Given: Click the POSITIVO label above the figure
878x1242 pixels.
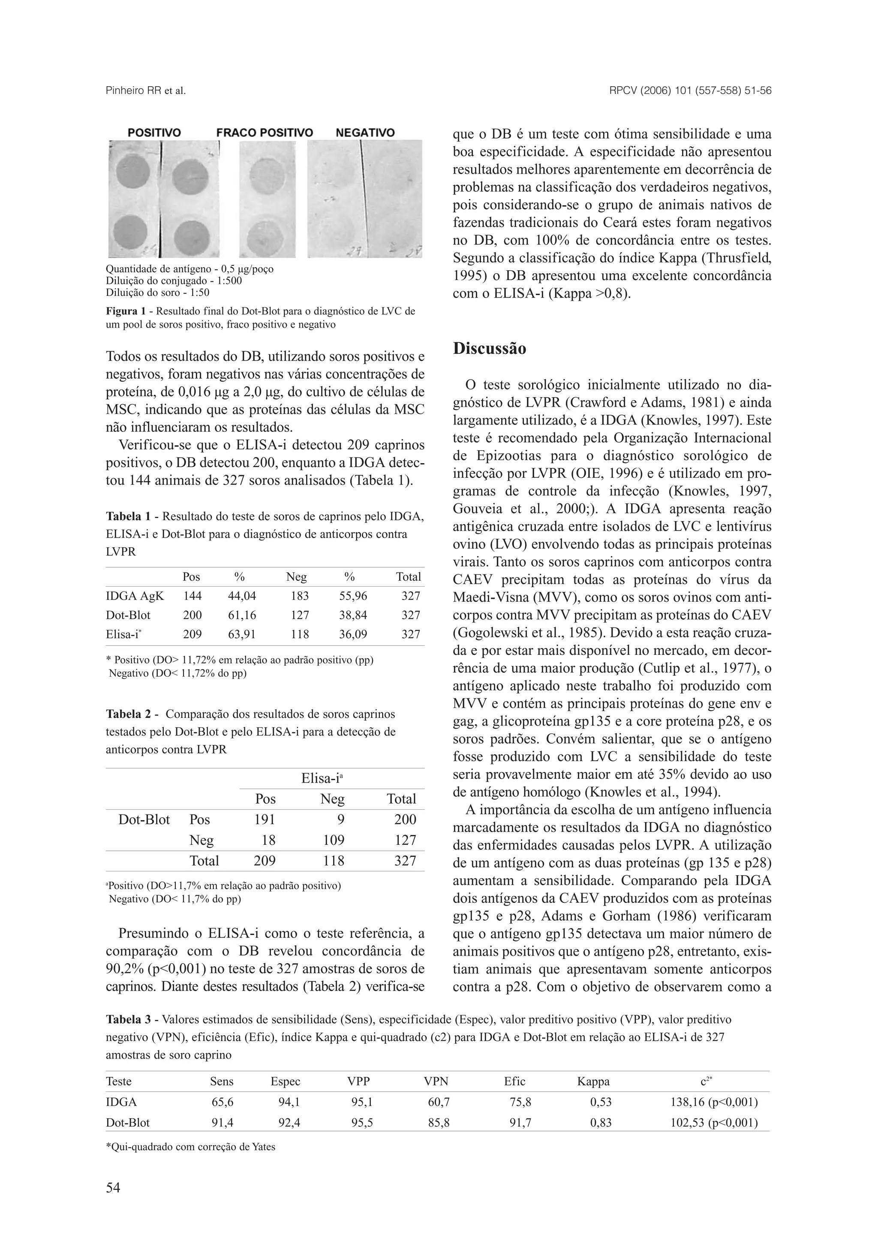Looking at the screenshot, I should click(154, 133).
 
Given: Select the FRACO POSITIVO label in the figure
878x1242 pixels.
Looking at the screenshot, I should click(265, 133).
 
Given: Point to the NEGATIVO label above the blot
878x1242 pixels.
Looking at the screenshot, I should click(365, 133).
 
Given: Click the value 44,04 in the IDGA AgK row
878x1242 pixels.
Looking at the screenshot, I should click(242, 596).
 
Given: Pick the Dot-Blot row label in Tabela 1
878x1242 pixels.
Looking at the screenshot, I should click(128, 615).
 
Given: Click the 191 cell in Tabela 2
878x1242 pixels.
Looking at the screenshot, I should click(265, 820).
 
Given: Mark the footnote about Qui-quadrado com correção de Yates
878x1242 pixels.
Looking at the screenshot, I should click(190, 1147).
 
